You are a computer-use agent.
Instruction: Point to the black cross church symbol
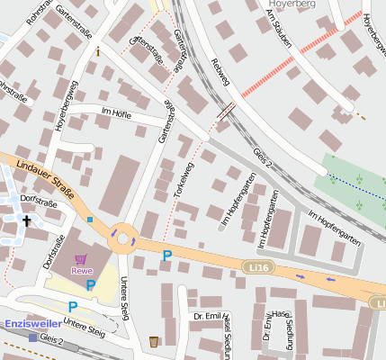click(27, 220)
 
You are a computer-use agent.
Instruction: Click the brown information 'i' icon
click(97, 52)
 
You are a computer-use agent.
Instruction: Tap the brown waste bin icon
click(154, 341)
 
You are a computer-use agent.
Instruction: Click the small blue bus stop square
click(90, 219)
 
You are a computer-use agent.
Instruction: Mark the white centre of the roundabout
click(124, 237)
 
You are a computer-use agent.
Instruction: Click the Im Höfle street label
click(116, 114)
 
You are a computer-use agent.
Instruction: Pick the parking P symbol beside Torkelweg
click(166, 256)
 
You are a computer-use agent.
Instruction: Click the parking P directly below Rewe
click(90, 285)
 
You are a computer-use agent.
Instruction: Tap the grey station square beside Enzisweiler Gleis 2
click(33, 337)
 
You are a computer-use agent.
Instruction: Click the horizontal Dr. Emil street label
click(208, 315)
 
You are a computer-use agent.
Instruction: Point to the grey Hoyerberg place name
click(287, 4)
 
